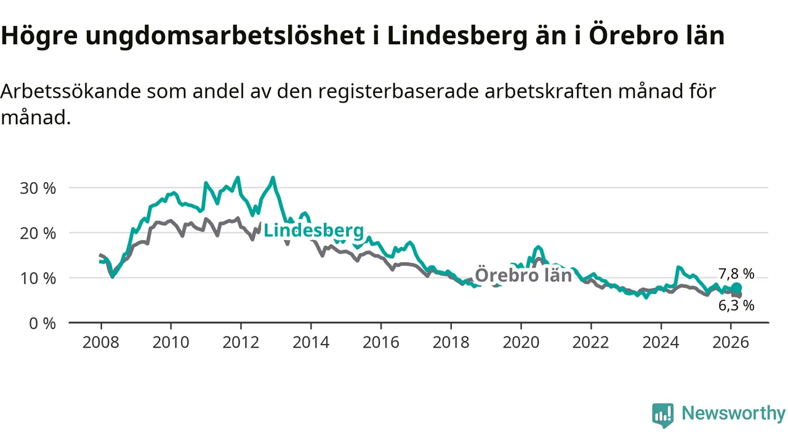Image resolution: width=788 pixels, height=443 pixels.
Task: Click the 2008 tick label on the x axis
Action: (x=100, y=342)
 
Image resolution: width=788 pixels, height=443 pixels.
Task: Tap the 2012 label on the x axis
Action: (x=241, y=342)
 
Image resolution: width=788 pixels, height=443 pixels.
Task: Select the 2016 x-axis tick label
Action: (x=380, y=342)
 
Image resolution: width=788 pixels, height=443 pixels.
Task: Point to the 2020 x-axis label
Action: (x=521, y=342)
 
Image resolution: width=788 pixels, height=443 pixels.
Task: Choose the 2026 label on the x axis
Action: (x=731, y=342)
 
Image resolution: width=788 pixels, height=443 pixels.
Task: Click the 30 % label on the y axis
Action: (x=38, y=188)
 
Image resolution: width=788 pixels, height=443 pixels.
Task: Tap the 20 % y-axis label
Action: (x=38, y=233)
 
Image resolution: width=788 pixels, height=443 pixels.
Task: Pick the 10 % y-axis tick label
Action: (x=38, y=278)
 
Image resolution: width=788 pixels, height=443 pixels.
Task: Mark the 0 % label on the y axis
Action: (x=42, y=323)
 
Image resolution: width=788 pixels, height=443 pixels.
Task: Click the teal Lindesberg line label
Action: (x=313, y=231)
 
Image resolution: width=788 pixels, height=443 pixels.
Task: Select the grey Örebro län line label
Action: (x=523, y=275)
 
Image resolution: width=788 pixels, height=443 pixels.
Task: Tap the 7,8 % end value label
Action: (x=736, y=274)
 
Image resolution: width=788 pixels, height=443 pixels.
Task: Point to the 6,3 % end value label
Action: (x=736, y=305)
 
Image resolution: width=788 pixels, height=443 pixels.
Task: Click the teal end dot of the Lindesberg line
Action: (x=736, y=288)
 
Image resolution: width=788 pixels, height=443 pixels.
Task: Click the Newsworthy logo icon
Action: (x=663, y=415)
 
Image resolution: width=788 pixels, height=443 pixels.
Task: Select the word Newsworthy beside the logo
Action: (x=733, y=413)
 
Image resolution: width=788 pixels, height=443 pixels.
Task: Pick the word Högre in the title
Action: (x=38, y=37)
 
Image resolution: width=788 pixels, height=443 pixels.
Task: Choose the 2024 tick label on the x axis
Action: (x=661, y=342)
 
